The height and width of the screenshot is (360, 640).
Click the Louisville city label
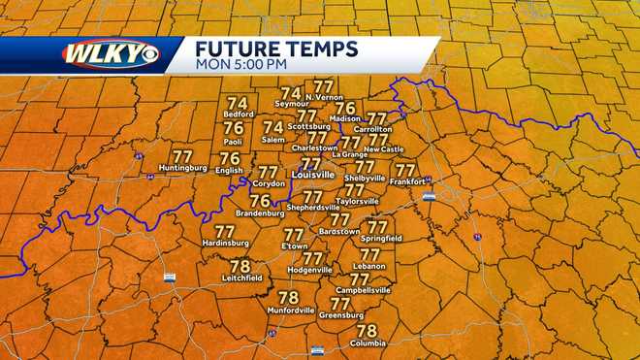click(x=312, y=175)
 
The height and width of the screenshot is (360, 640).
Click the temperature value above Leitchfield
click(x=240, y=266)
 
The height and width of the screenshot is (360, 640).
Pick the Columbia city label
click(x=367, y=343)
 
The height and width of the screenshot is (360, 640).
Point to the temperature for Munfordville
click(x=288, y=298)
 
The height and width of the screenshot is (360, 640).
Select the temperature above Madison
click(x=345, y=108)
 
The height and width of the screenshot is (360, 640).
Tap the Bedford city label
click(x=238, y=115)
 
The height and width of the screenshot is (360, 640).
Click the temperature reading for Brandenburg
click(x=260, y=200)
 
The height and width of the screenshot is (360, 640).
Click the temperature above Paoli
click(x=234, y=127)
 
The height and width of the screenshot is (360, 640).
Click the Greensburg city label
click(x=340, y=314)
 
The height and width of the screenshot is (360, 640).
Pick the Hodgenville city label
click(x=310, y=269)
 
